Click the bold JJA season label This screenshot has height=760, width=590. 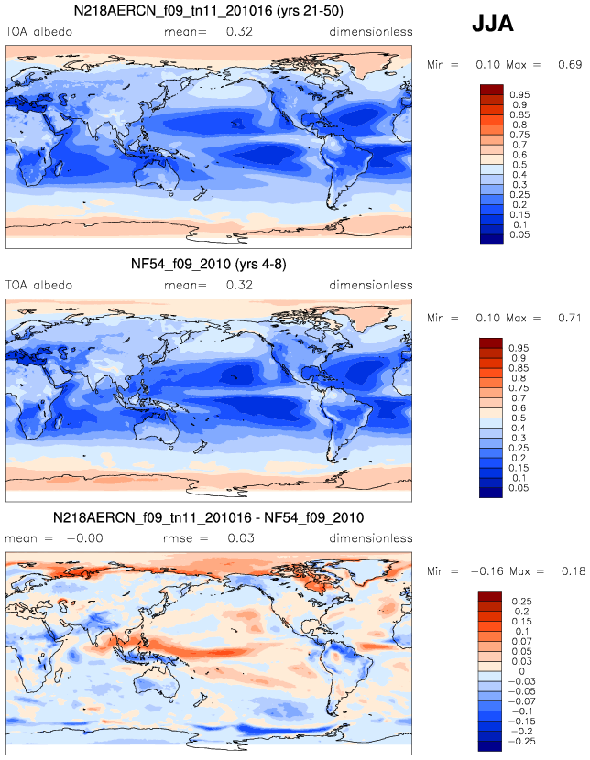(493, 24)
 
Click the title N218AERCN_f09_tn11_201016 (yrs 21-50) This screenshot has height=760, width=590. (209, 11)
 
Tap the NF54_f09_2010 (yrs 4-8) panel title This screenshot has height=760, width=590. (209, 264)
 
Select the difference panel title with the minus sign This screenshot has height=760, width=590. (209, 517)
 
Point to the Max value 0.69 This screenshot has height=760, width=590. (570, 64)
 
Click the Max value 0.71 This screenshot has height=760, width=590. (570, 318)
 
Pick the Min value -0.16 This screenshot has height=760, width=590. (487, 571)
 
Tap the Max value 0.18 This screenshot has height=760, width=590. (574, 571)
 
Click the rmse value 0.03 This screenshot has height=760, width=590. (241, 538)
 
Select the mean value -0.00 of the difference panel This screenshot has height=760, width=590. (84, 538)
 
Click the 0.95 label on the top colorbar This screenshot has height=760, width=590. (519, 95)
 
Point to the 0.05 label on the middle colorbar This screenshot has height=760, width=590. (519, 488)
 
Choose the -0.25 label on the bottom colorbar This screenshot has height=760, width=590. (521, 742)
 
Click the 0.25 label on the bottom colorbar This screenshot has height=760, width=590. (521, 602)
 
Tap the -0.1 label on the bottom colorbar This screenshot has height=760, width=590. (521, 711)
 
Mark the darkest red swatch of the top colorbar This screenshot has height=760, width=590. (492, 90)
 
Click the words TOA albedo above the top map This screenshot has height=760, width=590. (38, 31)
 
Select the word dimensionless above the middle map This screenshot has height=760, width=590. (371, 285)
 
